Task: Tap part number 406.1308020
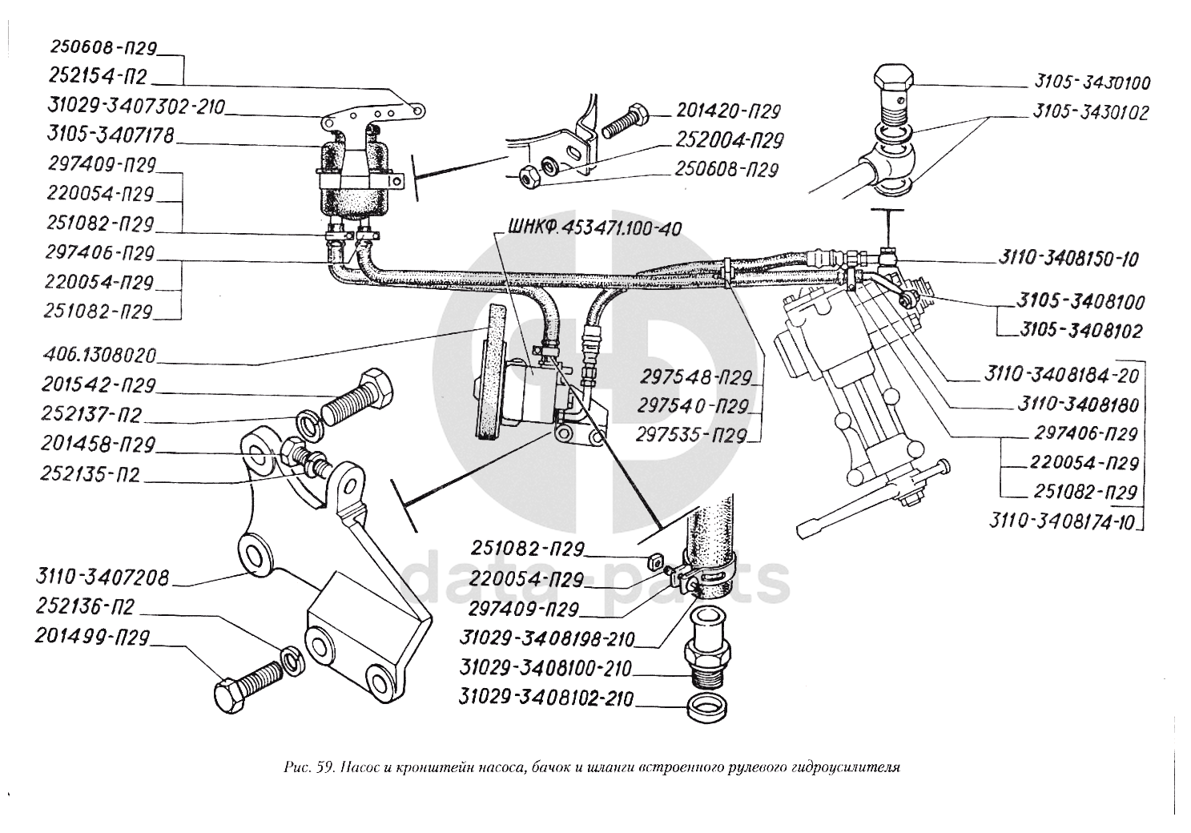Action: coord(101,354)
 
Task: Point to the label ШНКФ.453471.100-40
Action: coord(593,228)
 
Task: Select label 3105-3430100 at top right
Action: coord(1092,82)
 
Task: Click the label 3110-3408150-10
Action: coord(1068,259)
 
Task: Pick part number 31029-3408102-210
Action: coord(546,698)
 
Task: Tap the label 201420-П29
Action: coord(728,111)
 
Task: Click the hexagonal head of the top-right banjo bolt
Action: coord(893,80)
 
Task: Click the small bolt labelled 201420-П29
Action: coord(626,119)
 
